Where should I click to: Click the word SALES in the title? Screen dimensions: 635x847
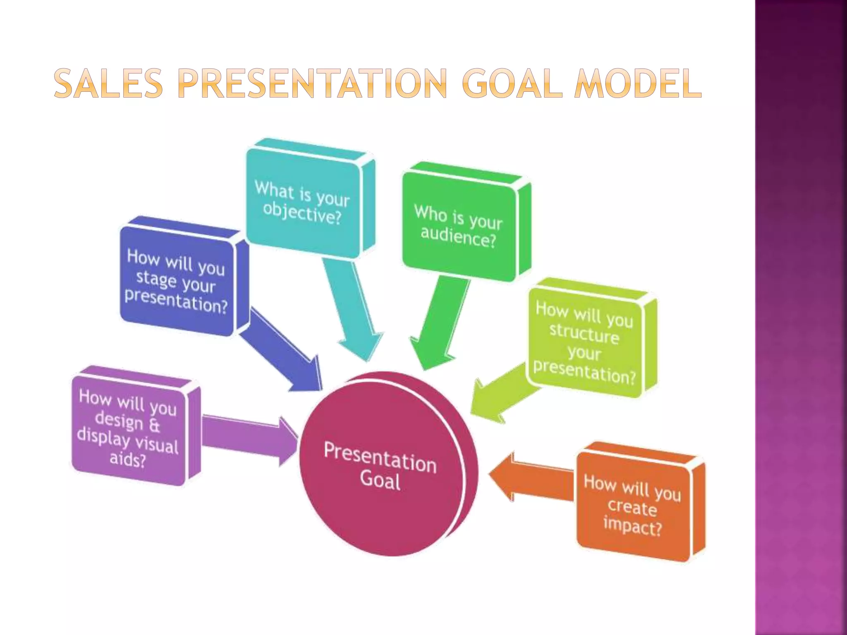108,84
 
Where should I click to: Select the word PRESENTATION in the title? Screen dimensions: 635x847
313,84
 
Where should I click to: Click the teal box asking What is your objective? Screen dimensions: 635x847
303,203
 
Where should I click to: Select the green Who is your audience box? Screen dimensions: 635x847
459,226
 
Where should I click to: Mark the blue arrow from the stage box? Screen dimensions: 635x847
281,351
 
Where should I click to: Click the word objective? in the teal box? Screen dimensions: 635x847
302,213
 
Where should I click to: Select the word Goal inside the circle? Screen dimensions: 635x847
380,481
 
